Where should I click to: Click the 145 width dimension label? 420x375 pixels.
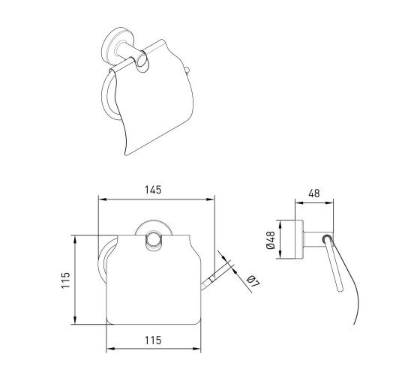(x=153, y=190)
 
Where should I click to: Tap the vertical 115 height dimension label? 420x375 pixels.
(x=66, y=280)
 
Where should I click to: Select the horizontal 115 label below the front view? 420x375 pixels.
(x=153, y=340)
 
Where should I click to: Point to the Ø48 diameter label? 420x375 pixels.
(x=271, y=240)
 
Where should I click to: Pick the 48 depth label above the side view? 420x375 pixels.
(x=314, y=193)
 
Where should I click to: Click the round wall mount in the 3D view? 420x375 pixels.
(x=112, y=46)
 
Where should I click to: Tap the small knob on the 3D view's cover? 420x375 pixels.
(x=187, y=70)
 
